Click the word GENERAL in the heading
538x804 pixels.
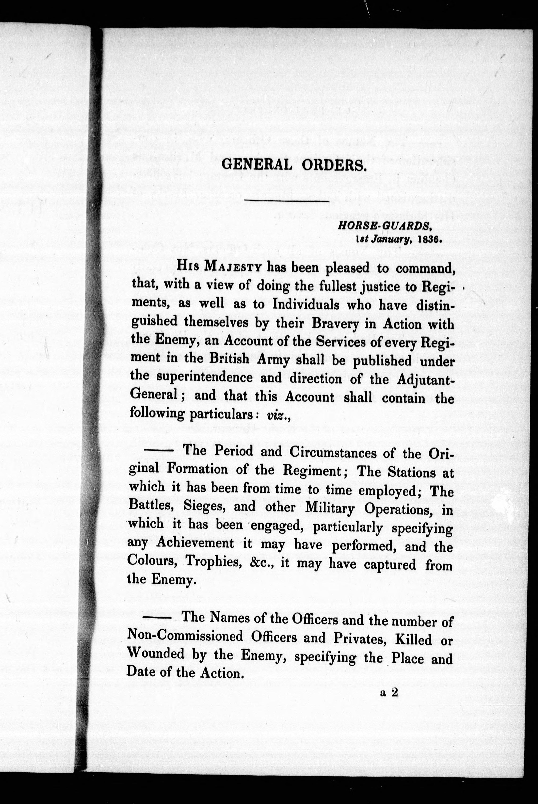(257, 165)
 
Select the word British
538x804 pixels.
(229, 359)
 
